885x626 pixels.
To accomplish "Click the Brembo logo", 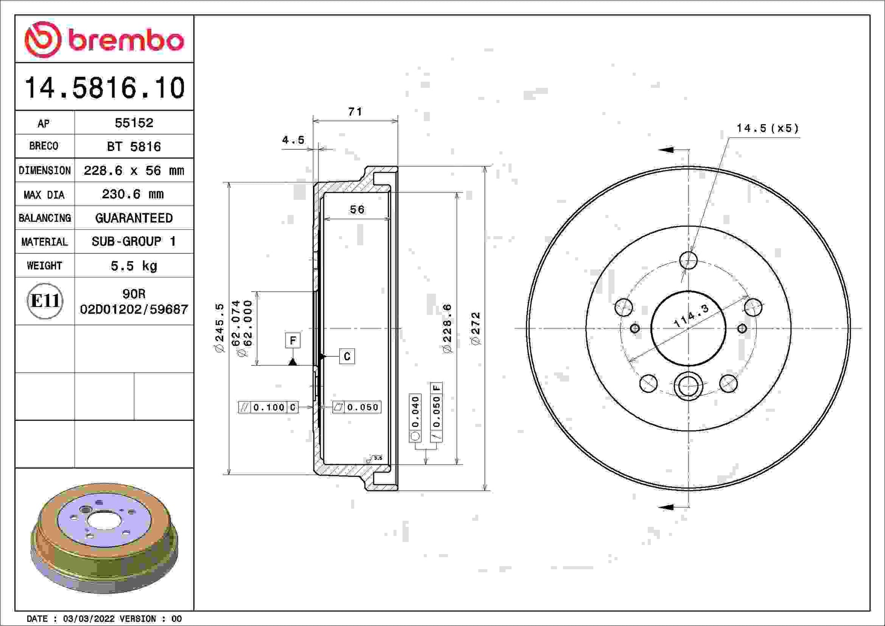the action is coord(104,40).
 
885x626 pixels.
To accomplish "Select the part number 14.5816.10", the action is coord(105,87).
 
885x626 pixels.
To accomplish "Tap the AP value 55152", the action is coord(134,122).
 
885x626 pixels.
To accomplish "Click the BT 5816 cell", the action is coord(134,146).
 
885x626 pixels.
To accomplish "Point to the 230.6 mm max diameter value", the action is coord(132,194).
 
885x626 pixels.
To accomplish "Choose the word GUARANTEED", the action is coord(134,218).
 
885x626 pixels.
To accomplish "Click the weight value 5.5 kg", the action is coord(134,266).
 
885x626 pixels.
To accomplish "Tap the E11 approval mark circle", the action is coord(45,301).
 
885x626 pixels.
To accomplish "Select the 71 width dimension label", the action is coord(355,111).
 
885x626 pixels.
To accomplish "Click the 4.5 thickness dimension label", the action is coord(293,140).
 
